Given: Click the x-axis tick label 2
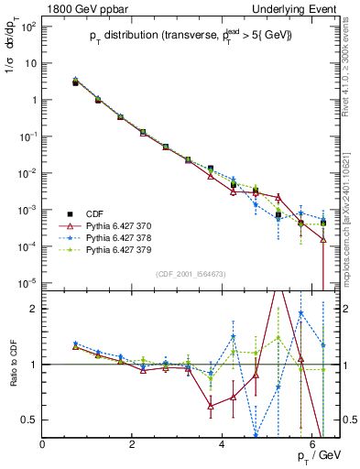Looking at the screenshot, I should click(x=133, y=443).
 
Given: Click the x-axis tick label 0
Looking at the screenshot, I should click(x=43, y=443).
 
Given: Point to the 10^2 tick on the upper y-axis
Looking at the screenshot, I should click(x=27, y=27).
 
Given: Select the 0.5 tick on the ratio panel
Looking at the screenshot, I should click(x=28, y=420).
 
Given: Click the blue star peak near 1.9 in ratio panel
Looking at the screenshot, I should click(x=300, y=313).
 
